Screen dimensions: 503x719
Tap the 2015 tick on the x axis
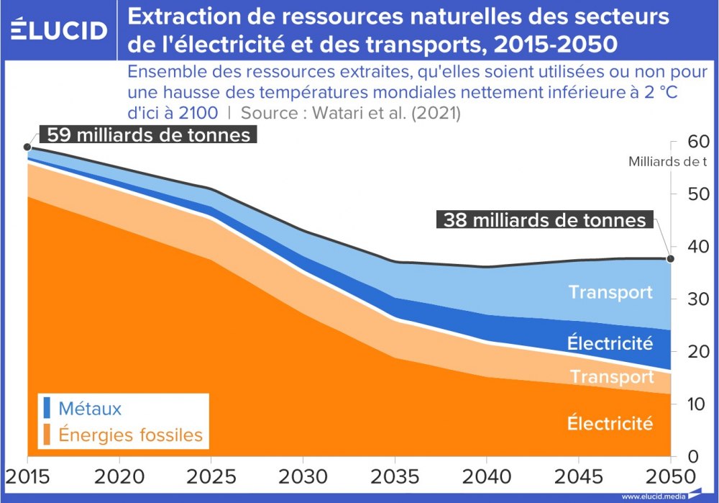click(27, 476)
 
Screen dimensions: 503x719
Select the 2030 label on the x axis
click(302, 476)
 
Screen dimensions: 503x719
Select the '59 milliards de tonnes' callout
click(148, 135)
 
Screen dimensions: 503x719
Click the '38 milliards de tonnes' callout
click(544, 219)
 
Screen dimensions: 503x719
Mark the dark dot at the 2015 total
click(27, 147)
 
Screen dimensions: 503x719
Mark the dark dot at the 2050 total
click(670, 259)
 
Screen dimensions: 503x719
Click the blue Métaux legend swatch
click(47, 409)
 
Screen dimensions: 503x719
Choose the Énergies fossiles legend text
click(130, 435)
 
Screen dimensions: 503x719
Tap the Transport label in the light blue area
click(610, 292)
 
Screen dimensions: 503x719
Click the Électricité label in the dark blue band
click(610, 343)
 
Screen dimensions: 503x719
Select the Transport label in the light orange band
click(612, 377)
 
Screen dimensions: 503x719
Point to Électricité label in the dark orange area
click(610, 423)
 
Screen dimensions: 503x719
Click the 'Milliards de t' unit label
click(668, 162)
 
